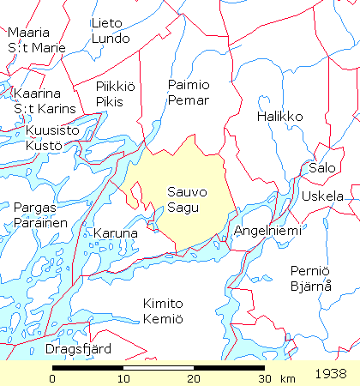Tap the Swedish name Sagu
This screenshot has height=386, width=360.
tap(183, 208)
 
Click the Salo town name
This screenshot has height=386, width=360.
tap(323, 168)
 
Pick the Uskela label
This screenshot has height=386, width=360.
tap(321, 196)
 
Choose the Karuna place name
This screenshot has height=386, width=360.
tap(115, 233)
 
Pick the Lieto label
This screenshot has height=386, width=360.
tap(107, 23)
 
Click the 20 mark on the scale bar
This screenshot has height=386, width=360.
tap(195, 378)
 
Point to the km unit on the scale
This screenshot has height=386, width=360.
tap(287, 378)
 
